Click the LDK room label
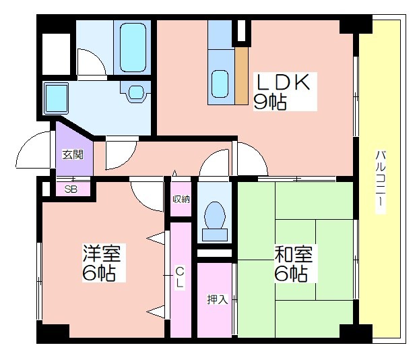(283, 82)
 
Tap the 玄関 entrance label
(73, 154)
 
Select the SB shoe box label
(71, 189)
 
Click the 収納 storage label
(181, 199)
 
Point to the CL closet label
(180, 278)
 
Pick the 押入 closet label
(218, 299)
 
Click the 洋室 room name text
(102, 253)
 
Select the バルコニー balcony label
(381, 182)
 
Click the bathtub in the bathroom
(133, 47)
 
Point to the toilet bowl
(215, 215)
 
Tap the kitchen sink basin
(220, 84)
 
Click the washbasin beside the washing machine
(136, 92)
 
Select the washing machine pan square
(56, 98)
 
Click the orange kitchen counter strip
(242, 76)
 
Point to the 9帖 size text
(270, 102)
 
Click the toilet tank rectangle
(215, 235)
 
